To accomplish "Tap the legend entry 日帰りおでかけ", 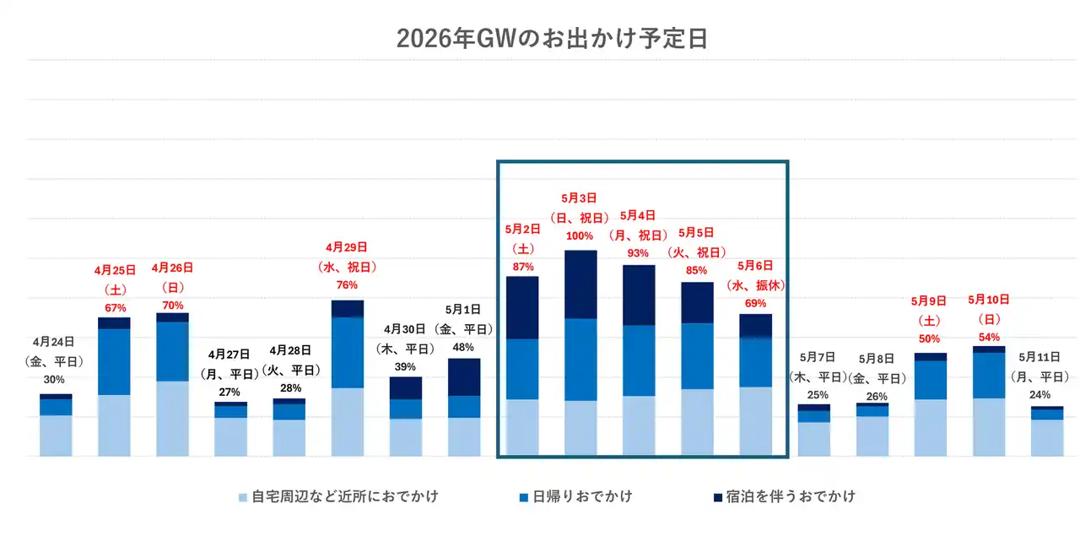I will [581, 496].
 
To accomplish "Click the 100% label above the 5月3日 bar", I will [580, 235].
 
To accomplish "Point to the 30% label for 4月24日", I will [55, 380].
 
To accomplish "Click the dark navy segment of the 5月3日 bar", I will [580, 284].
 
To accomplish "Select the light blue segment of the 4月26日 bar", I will [172, 419].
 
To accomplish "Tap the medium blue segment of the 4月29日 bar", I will [348, 353].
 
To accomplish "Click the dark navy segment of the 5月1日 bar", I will [464, 377].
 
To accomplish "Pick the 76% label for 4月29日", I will [348, 285].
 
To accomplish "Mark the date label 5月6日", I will [756, 265].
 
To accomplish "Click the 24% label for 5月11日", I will [1047, 395].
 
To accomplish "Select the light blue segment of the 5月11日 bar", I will [1047, 438].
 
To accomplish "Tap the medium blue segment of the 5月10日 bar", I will [989, 376].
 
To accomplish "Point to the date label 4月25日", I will [114, 271].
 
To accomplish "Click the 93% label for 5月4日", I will [639, 252].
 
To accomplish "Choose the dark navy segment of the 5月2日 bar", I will [522, 308].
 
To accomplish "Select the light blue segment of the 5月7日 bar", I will [814, 439].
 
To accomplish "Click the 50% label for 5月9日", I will [930, 338].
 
